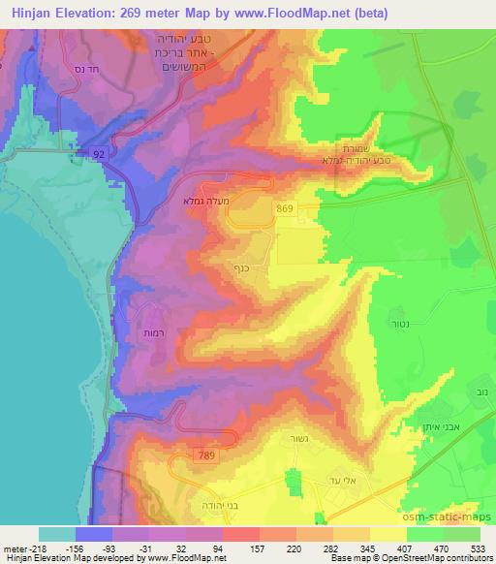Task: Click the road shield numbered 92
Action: click(x=99, y=153)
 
